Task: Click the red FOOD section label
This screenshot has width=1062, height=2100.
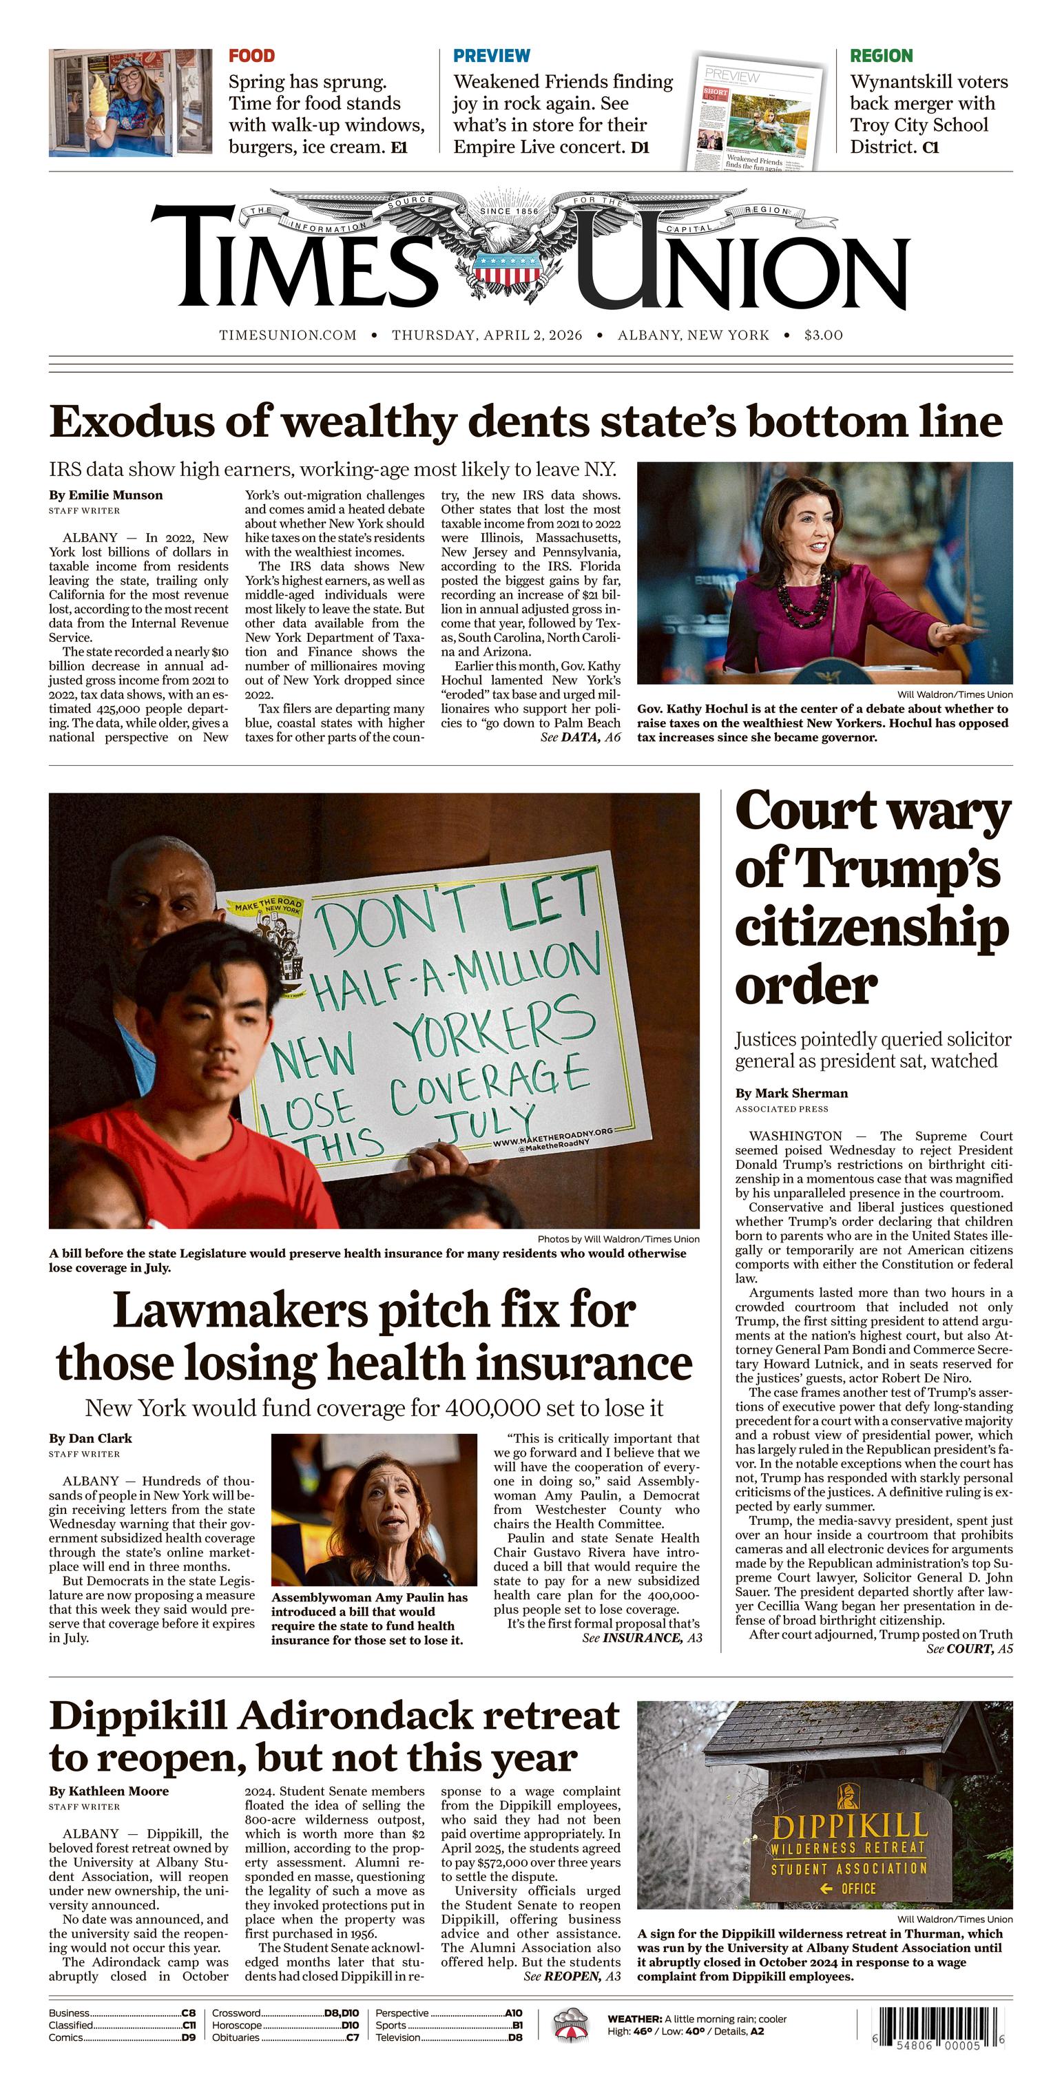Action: point(251,56)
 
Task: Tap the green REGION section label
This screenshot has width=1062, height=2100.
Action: point(881,56)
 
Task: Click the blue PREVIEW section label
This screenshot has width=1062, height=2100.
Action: point(492,56)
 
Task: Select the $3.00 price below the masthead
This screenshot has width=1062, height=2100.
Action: point(823,335)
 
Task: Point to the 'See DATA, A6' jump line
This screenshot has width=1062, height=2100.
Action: point(581,737)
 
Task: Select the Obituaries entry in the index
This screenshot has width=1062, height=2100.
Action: point(236,2037)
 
